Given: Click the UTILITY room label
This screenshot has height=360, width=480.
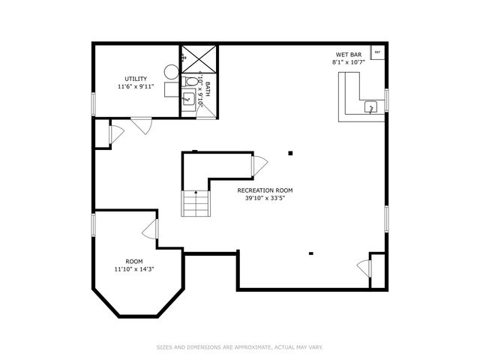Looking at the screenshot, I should pyautogui.click(x=136, y=79).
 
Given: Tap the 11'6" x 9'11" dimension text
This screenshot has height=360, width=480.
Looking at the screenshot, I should pyautogui.click(x=136, y=87).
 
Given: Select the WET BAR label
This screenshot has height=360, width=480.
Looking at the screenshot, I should pyautogui.click(x=349, y=55).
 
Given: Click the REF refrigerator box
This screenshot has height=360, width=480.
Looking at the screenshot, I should pyautogui.click(x=377, y=52).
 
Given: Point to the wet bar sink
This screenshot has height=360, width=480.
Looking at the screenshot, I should pyautogui.click(x=370, y=108).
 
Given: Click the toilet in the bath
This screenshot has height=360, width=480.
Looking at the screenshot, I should pyautogui.click(x=191, y=81).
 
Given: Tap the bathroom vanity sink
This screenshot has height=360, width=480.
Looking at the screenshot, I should pyautogui.click(x=187, y=98).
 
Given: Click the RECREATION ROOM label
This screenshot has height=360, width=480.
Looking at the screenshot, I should pyautogui.click(x=265, y=190).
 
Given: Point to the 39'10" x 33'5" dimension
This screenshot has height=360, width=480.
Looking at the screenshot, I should pyautogui.click(x=265, y=199).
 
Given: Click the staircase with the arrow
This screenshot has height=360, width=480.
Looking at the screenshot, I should pyautogui.click(x=195, y=203).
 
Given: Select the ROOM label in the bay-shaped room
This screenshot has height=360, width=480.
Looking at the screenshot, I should pyautogui.click(x=133, y=261).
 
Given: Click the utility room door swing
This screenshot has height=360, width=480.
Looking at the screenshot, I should pyautogui.click(x=141, y=126).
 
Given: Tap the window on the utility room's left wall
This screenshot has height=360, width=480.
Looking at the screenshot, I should pyautogui.click(x=94, y=103).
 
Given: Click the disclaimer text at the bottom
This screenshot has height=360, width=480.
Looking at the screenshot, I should pyautogui.click(x=239, y=346).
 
